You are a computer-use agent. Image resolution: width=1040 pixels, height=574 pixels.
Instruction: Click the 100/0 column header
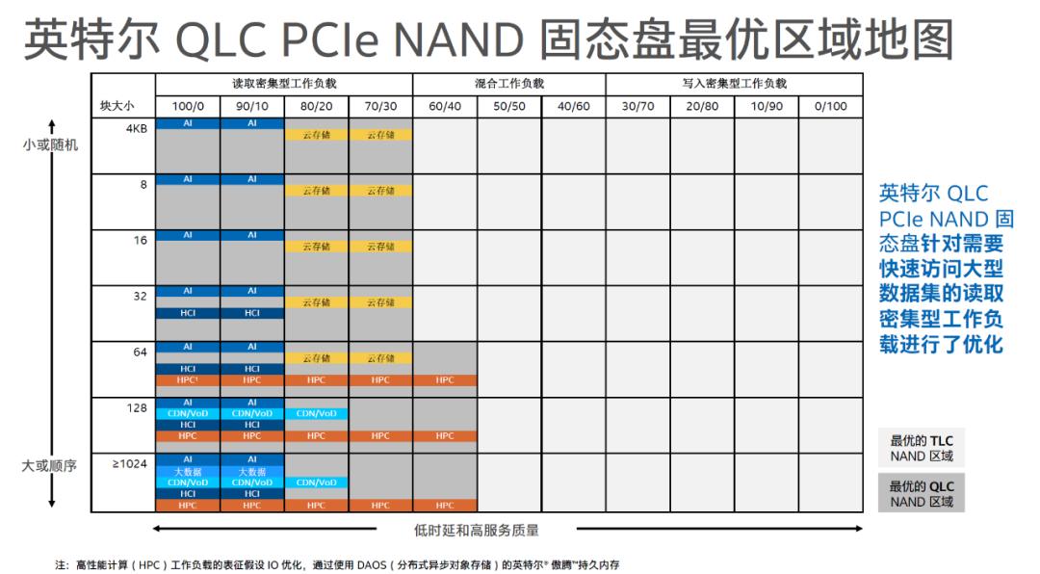(188, 106)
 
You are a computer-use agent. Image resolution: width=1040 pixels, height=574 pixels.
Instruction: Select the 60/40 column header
(445, 106)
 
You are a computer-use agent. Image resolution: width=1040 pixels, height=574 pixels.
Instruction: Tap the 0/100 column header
(830, 106)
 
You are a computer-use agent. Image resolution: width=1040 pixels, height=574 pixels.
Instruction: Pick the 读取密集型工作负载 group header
(284, 84)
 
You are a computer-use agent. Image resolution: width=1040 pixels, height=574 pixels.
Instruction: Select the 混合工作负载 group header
(508, 84)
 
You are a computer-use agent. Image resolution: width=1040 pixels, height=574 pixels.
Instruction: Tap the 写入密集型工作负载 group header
(734, 84)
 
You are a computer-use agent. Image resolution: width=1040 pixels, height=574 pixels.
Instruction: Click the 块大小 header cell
(117, 106)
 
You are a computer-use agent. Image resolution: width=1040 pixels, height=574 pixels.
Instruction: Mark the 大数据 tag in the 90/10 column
(252, 472)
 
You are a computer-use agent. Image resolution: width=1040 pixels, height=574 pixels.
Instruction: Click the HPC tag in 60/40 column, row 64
(445, 380)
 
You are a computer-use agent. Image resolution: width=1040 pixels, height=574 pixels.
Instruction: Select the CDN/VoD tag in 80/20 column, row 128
(317, 413)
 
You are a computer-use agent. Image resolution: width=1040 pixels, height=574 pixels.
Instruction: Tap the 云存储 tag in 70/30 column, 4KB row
(380, 135)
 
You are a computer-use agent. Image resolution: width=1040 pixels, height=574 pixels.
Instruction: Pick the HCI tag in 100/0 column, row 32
(188, 313)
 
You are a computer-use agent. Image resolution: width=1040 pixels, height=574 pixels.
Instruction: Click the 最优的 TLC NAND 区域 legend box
(921, 448)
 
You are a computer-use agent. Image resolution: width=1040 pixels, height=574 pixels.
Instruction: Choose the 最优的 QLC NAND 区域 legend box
(921, 493)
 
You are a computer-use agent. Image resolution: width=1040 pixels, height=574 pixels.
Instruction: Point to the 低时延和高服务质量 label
(490, 530)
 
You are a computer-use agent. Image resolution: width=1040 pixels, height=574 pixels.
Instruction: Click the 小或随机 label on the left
(50, 145)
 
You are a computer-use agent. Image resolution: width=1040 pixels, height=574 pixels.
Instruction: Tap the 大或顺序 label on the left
(50, 466)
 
